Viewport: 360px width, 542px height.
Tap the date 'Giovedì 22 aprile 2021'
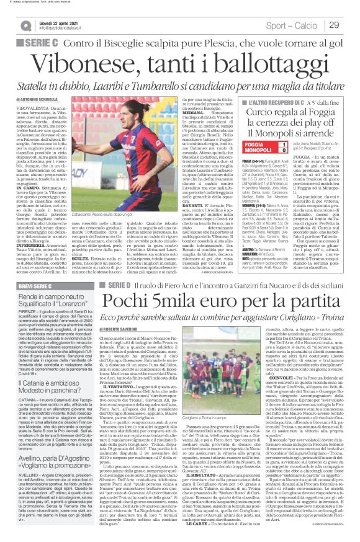[x=63, y=21]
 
